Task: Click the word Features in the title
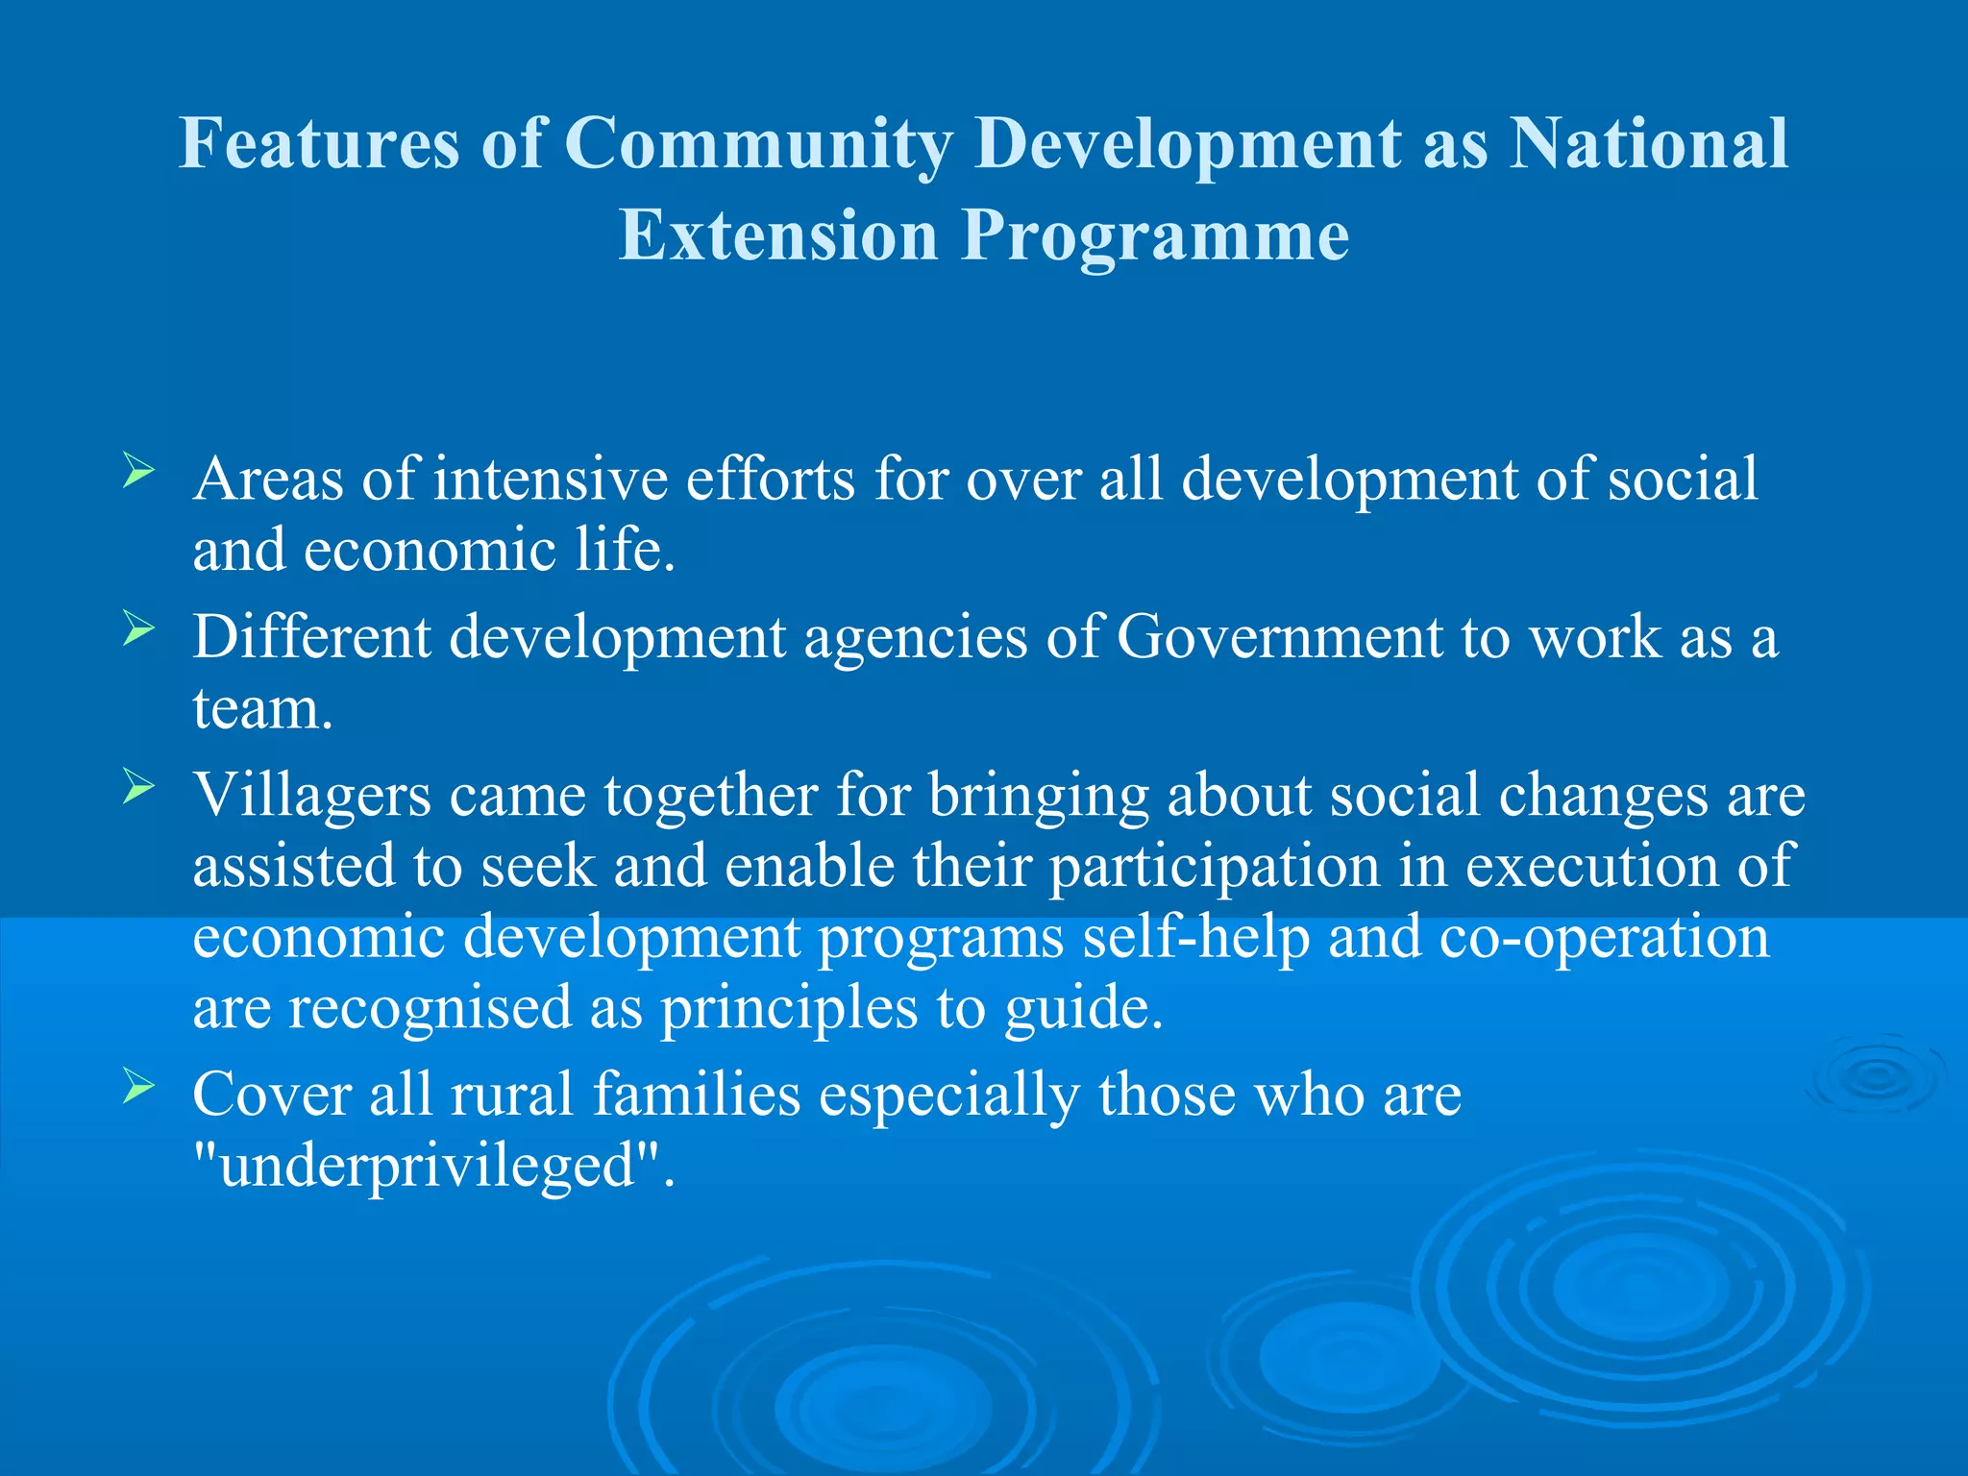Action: tap(319, 144)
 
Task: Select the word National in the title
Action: tap(1648, 144)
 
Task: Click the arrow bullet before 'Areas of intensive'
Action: tap(138, 472)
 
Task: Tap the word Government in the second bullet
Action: tap(1279, 637)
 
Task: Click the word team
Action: tap(262, 709)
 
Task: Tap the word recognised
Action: tap(430, 1008)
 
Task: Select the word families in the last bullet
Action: tap(697, 1095)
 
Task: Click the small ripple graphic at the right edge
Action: tap(1875, 1076)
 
